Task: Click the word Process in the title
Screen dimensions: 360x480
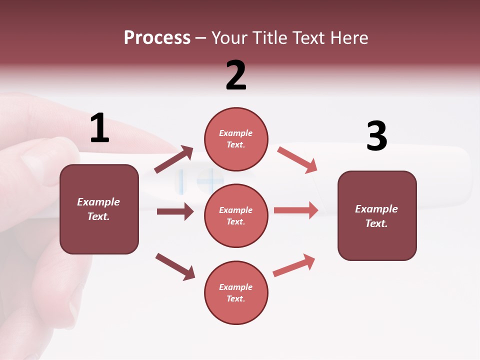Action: [157, 38]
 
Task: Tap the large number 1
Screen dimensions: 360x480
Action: [99, 128]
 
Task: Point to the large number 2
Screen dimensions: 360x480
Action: [236, 75]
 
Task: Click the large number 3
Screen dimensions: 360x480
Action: [376, 136]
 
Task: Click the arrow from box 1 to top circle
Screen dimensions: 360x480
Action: [173, 159]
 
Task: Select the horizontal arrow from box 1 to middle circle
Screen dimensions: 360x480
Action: [175, 211]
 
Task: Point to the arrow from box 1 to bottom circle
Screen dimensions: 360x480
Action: [175, 266]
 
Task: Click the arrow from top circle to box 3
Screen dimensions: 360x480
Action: [297, 159]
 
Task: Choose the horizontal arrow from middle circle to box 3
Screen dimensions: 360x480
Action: [296, 210]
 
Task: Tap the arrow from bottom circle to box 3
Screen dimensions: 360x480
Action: [294, 265]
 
